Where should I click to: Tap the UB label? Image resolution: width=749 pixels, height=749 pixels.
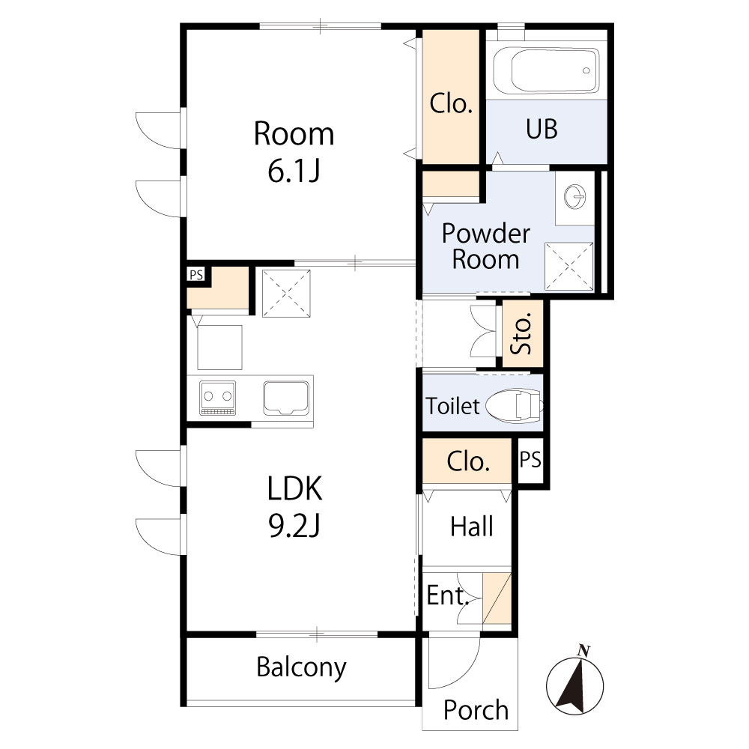tap(541, 130)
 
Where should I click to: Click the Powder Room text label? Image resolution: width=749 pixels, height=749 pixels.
tap(485, 246)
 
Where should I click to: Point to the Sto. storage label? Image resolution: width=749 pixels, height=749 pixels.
tap(522, 333)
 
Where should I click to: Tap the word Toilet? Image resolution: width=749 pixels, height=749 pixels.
tap(452, 407)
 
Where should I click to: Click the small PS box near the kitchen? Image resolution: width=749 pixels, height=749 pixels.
tap(196, 275)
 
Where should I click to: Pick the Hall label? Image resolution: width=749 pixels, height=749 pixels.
tap(472, 527)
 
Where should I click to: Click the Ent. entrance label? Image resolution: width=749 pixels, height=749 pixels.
tap(448, 596)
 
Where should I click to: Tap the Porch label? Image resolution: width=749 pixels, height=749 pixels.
tap(476, 709)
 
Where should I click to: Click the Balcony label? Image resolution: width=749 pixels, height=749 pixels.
tap(301, 667)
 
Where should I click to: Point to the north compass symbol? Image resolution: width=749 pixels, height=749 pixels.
tap(577, 681)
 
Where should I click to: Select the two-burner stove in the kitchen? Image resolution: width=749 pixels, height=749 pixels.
tap(217, 397)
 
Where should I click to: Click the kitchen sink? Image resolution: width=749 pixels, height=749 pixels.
tap(286, 397)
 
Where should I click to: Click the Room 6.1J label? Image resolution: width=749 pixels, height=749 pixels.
tap(294, 152)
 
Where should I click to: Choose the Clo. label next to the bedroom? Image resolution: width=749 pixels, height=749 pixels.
tap(451, 103)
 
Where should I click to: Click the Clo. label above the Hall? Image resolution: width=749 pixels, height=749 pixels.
tap(468, 462)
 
